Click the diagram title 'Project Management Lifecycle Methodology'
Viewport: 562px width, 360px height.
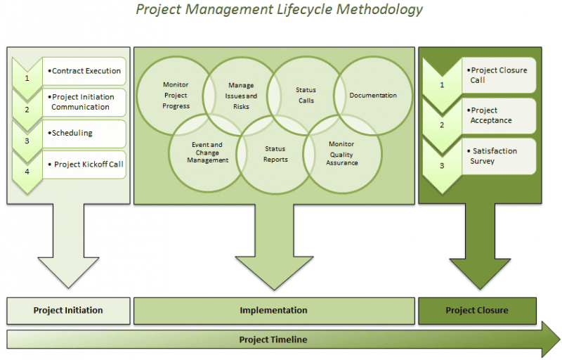coord(279,9)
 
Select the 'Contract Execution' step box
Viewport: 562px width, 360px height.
coord(84,71)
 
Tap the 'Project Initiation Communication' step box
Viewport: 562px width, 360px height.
coord(84,102)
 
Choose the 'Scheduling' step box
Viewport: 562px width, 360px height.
coord(84,134)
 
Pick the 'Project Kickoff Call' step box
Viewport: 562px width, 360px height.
coord(84,165)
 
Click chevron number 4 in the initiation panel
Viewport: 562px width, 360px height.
coord(27,172)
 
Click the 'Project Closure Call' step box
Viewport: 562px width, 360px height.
coord(499,75)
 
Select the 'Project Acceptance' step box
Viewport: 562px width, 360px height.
coord(499,116)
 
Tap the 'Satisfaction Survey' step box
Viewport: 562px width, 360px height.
coord(499,156)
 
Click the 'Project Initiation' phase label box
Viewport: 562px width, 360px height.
coord(68,311)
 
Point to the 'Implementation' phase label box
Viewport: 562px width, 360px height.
coord(274,311)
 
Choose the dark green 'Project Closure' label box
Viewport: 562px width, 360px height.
coord(478,311)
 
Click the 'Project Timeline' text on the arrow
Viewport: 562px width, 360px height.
coord(273,340)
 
